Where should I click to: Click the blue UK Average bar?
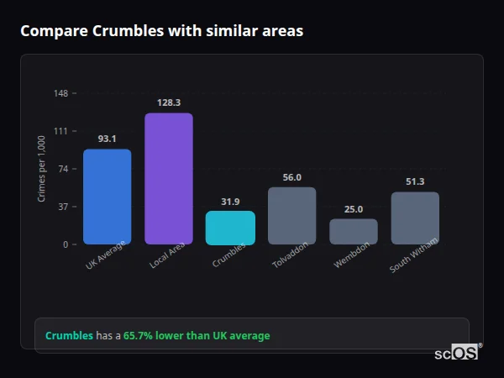(x=107, y=197)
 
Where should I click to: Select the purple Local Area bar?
(x=169, y=178)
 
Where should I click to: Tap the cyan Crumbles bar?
(x=230, y=228)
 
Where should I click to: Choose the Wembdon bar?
(x=354, y=231)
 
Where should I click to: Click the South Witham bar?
(x=415, y=218)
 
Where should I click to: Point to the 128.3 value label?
(x=169, y=102)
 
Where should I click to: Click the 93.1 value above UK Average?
(x=107, y=139)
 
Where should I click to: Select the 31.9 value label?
(x=230, y=202)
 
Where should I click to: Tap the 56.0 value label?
(x=291, y=177)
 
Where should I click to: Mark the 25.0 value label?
(x=354, y=209)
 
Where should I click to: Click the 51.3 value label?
(x=415, y=181)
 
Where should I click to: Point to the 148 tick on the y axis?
(x=61, y=93)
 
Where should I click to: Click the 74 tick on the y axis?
(x=64, y=169)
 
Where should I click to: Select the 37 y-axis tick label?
(x=64, y=207)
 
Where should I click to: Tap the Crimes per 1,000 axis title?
(x=42, y=169)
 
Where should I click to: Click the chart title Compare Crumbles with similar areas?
(x=161, y=31)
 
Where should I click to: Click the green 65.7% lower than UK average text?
(x=197, y=336)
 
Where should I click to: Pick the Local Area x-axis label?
(x=168, y=256)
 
